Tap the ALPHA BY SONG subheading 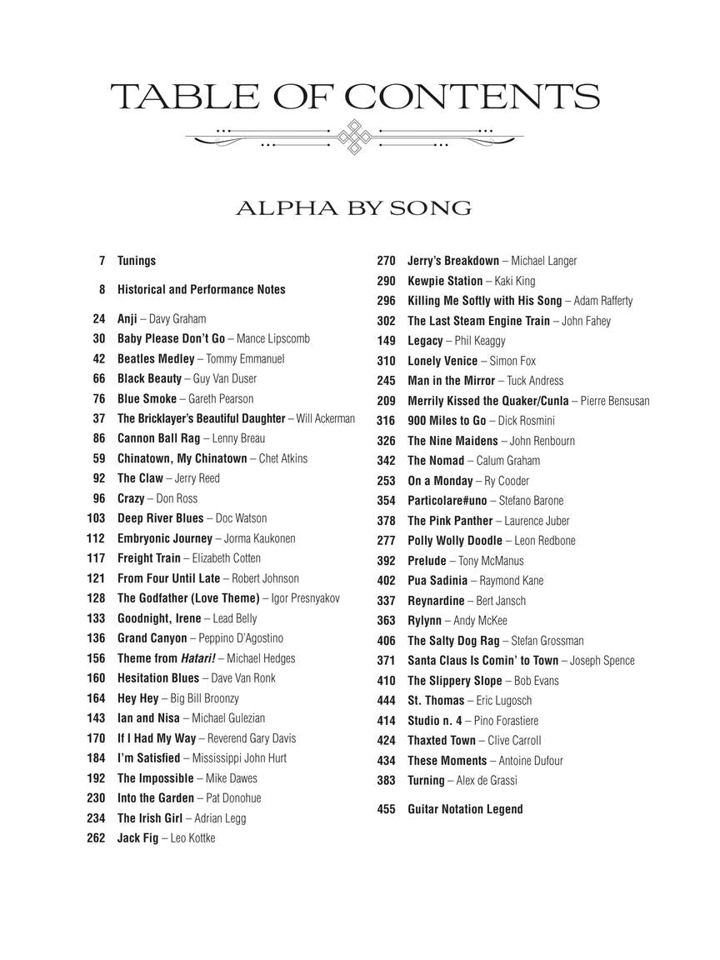(x=353, y=208)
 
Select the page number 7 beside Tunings (x=102, y=261)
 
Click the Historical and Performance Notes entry (x=201, y=290)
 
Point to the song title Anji (x=127, y=318)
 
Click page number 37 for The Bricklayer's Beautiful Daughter (x=99, y=418)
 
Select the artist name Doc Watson (x=242, y=518)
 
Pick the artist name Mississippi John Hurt (x=236, y=758)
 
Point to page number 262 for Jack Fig (x=96, y=838)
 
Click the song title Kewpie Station (x=445, y=281)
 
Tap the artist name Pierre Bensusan (x=615, y=401)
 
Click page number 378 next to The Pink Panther (x=386, y=521)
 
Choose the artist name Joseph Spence (x=602, y=661)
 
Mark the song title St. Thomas (x=436, y=701)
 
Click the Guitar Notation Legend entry (x=465, y=809)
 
